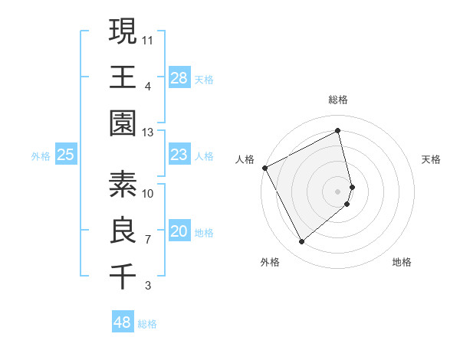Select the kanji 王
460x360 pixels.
coord(123,77)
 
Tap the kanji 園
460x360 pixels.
coord(123,123)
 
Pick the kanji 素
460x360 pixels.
coord(123,185)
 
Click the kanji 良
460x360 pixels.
coord(123,231)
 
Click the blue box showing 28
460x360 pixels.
coord(179,77)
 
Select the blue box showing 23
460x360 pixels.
coord(179,155)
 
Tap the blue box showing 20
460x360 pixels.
coord(179,231)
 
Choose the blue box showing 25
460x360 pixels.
coord(66,155)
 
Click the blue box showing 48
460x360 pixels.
coord(122,322)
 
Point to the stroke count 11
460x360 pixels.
coord(148,39)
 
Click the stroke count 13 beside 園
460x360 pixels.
coord(148,132)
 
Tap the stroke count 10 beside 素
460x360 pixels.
coord(148,193)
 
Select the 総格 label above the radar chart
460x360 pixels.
coord(338,100)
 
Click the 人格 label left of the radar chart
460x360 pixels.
coord(245,159)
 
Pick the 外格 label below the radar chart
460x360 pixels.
coord(269,262)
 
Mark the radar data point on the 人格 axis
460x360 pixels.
coord(264,168)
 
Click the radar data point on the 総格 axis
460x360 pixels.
coord(338,131)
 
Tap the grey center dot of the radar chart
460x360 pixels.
coord(338,191)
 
